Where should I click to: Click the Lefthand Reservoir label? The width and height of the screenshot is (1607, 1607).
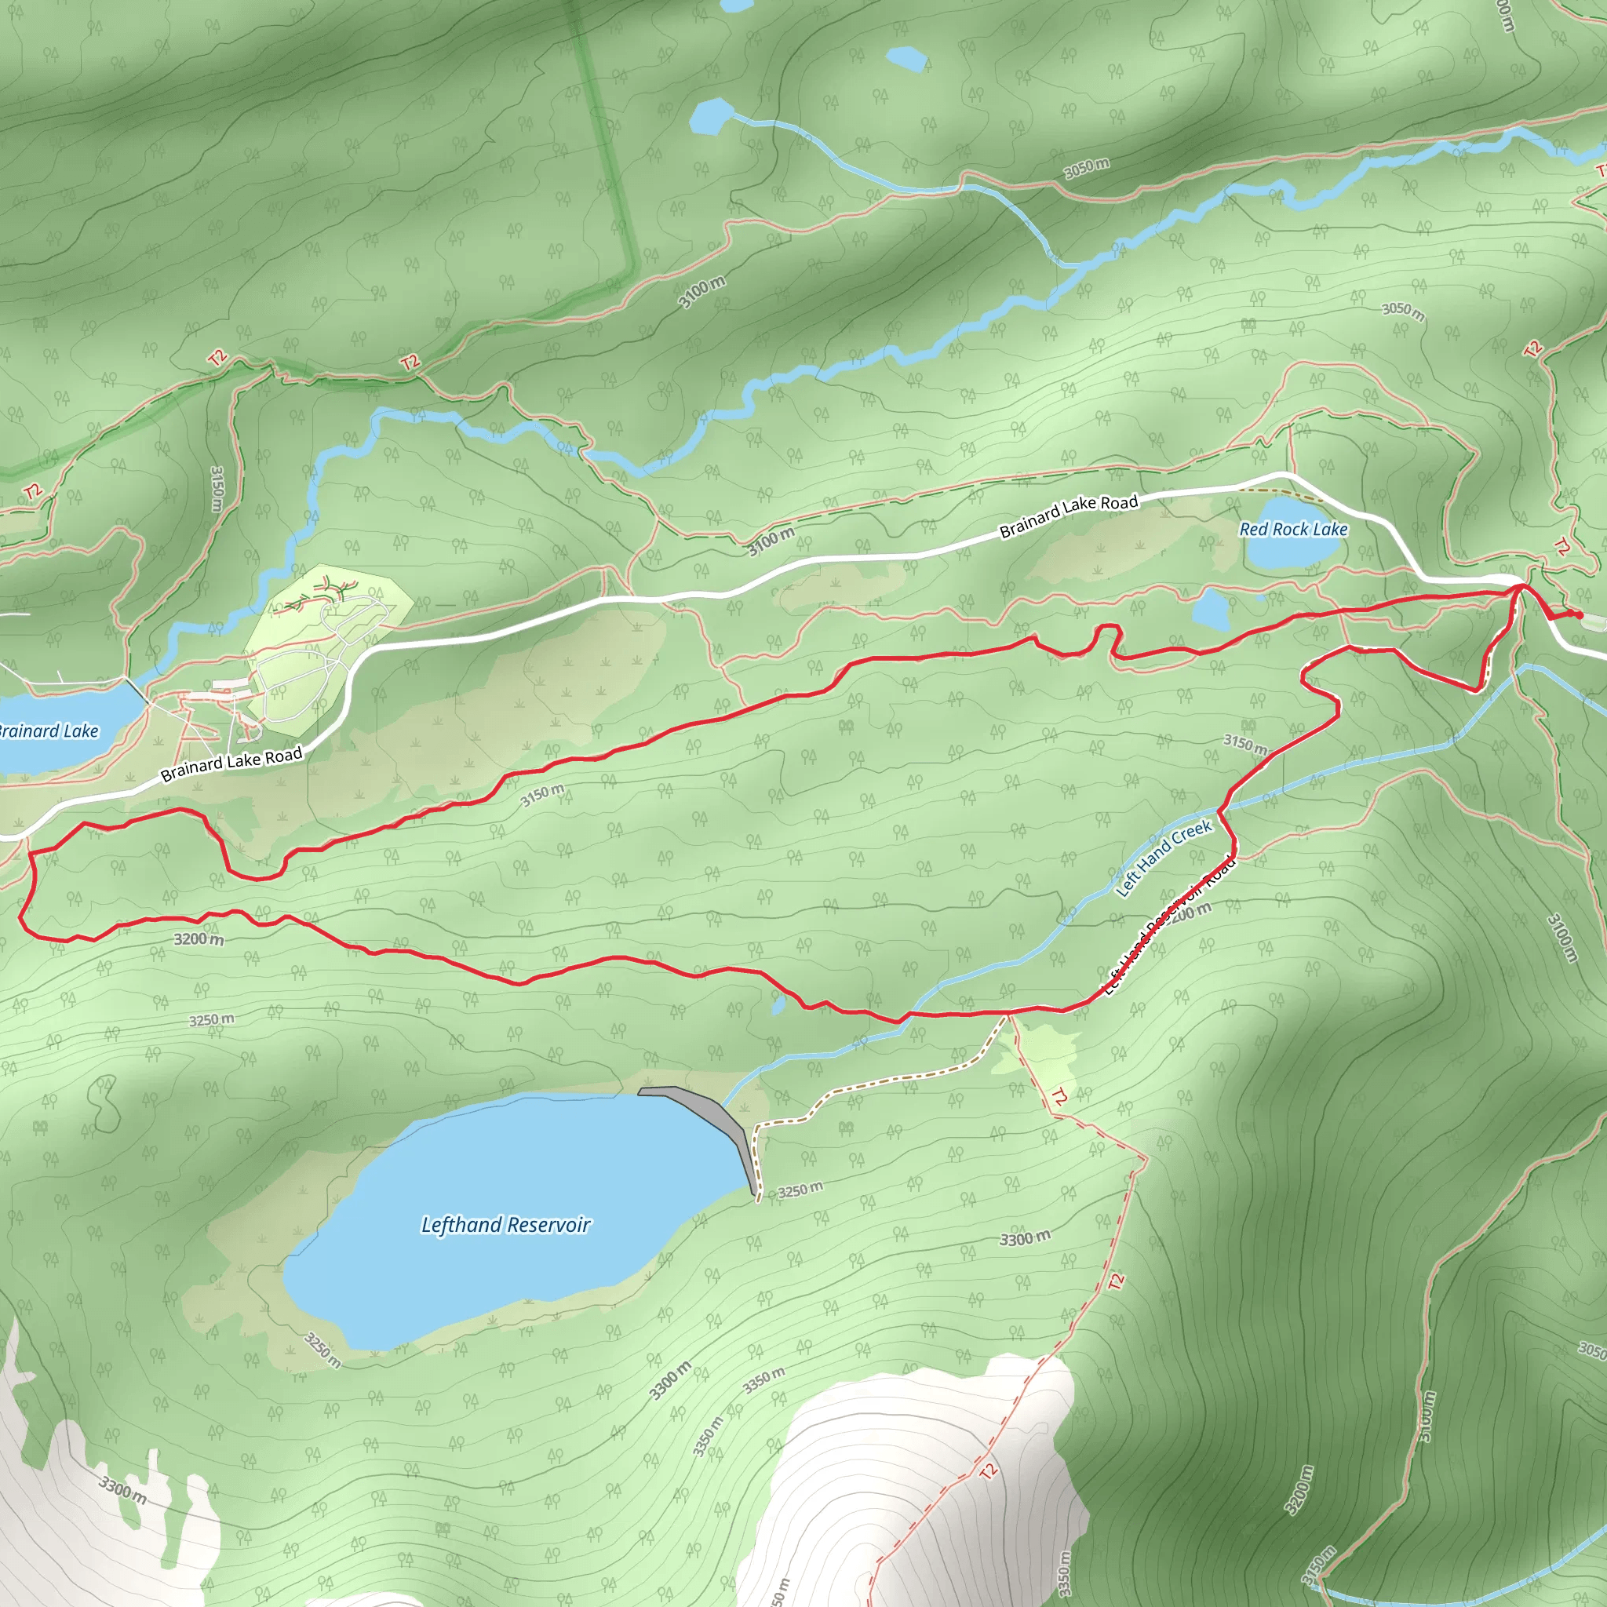pos(506,1225)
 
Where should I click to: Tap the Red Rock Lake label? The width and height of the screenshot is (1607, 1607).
pos(1293,529)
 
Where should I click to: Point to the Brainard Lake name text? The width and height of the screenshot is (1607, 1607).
pos(48,731)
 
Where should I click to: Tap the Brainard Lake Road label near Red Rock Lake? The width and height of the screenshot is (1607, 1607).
pos(1068,516)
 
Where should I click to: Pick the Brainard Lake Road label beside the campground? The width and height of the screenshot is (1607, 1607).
pos(231,763)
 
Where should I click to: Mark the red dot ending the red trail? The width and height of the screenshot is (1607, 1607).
pos(1578,614)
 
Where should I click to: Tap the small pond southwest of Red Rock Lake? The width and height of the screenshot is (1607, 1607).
pos(1211,611)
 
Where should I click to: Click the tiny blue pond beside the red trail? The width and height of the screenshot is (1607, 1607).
pos(777,1007)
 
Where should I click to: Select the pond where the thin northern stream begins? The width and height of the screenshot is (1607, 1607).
pos(709,116)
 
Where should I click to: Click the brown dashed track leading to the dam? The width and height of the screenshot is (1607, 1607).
pos(882,1081)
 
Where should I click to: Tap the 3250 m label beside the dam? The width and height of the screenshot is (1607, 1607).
pos(800,1190)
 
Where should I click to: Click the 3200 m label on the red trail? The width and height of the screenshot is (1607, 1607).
pos(199,939)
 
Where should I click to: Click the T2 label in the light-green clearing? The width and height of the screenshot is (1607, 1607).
pos(1059,1097)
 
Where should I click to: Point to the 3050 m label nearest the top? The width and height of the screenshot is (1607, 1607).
pos(1086,167)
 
